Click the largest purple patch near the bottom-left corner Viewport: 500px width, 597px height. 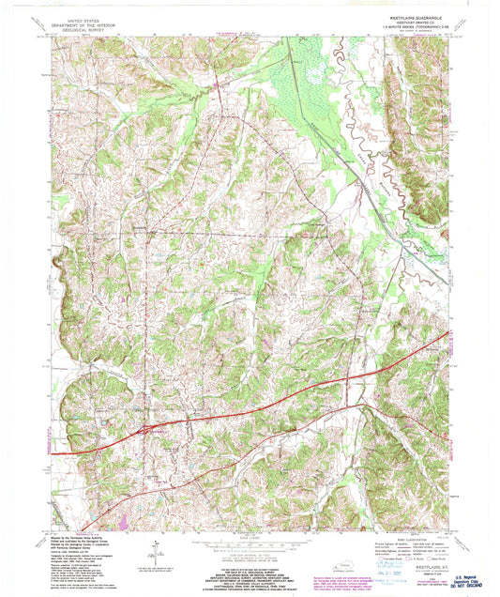[123, 518]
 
